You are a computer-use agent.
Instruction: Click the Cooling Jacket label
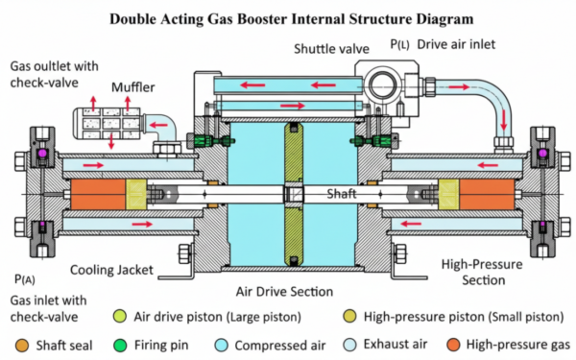click(113, 271)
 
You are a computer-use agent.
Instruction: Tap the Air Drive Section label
click(285, 291)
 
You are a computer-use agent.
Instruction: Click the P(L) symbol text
click(402, 44)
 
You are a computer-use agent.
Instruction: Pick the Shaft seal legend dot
click(21, 344)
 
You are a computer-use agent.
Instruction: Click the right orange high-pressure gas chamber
click(481, 196)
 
